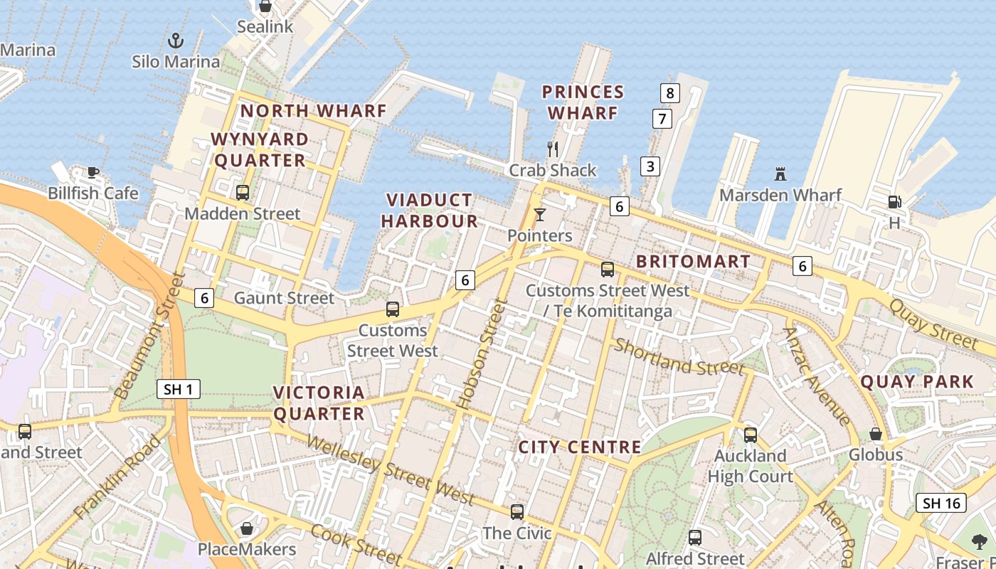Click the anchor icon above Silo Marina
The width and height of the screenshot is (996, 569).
(x=175, y=41)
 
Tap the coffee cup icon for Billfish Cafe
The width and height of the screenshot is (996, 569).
(x=92, y=171)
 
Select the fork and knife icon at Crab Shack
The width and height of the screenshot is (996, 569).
(x=552, y=149)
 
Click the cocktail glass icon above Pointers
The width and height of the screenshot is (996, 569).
(x=540, y=214)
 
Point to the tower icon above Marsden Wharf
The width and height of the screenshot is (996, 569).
(x=780, y=174)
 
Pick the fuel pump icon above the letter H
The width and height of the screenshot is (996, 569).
(x=894, y=202)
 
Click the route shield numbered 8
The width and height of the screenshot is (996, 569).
(x=669, y=92)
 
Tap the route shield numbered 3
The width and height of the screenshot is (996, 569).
(x=650, y=166)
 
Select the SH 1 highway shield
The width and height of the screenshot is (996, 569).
(x=178, y=389)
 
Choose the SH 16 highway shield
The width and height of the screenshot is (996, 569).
(x=941, y=503)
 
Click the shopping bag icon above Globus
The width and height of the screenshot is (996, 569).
(x=876, y=433)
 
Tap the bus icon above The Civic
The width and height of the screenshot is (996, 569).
(x=517, y=511)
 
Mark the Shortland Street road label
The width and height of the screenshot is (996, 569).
(x=679, y=357)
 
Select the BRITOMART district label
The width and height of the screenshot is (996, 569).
(x=693, y=261)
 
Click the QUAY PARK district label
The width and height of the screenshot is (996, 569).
(x=917, y=381)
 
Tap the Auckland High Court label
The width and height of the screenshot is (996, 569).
(x=750, y=466)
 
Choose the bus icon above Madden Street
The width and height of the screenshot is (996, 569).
(x=243, y=192)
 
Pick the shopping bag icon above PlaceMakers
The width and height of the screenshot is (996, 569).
(x=247, y=528)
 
